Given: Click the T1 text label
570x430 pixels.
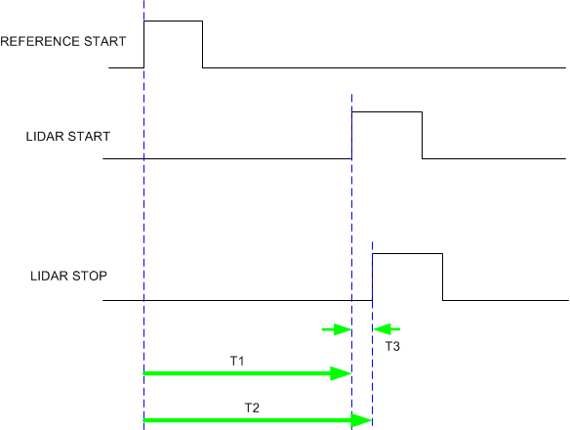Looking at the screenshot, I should click(x=237, y=362).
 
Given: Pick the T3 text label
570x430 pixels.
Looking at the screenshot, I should click(x=391, y=346).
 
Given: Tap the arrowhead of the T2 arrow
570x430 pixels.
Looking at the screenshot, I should click(x=363, y=420).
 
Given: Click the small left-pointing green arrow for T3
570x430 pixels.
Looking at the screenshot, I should click(x=386, y=329).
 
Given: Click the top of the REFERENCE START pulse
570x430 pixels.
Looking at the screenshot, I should click(x=173, y=21).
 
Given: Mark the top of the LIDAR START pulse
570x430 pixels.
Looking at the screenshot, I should click(x=387, y=112).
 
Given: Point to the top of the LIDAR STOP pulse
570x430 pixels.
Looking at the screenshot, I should click(x=407, y=254).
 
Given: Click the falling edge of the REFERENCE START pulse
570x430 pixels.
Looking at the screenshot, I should click(x=203, y=44).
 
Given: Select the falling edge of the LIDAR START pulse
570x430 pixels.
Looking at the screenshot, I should click(x=423, y=136).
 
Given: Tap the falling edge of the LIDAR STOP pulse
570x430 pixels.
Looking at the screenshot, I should click(x=443, y=278).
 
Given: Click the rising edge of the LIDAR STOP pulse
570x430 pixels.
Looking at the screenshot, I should click(x=372, y=278).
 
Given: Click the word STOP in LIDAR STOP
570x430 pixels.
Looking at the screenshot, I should click(x=89, y=277).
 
